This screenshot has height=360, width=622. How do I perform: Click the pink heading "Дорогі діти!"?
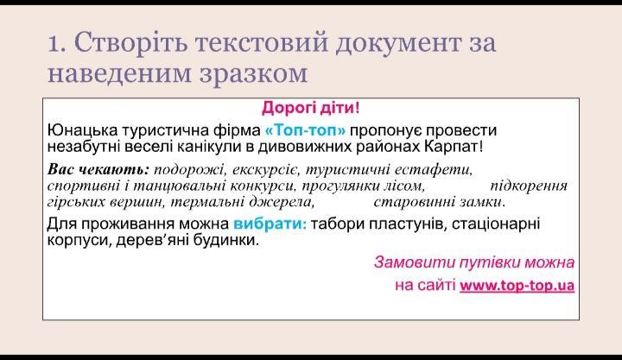311,108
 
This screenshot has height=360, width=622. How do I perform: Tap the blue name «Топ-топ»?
305,130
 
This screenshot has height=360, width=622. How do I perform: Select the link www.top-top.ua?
517,286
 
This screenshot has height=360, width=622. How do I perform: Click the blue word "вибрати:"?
270,224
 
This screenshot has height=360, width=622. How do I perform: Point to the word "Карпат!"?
454,147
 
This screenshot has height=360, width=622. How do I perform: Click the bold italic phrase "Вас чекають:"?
98,170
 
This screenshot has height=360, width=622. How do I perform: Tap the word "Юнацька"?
83,130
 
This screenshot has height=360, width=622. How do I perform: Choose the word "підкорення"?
529,186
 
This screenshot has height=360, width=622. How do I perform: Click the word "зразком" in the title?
253,73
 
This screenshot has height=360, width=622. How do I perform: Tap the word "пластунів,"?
405,224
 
